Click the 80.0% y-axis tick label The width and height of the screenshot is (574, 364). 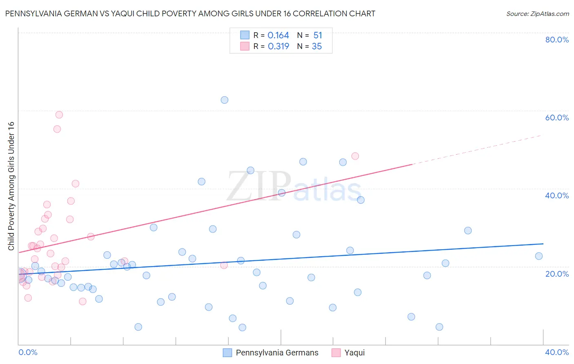557,40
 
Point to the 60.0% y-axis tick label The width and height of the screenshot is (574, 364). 557,118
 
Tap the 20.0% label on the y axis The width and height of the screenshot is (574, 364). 557,273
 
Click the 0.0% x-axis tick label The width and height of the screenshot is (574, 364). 28,352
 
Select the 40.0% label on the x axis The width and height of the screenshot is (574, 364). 557,352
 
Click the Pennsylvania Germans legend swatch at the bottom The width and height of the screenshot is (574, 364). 227,353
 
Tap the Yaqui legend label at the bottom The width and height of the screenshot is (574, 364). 354,353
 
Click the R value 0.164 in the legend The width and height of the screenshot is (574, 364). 278,36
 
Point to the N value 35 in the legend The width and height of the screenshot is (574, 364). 317,47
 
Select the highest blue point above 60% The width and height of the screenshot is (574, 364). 224,100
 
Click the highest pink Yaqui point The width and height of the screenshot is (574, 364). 59,115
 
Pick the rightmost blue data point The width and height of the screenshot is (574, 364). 539,256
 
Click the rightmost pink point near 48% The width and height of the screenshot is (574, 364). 355,156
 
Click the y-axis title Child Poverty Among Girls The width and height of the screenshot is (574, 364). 11,186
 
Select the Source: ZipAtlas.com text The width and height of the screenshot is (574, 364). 537,14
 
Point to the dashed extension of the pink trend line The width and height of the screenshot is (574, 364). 478,150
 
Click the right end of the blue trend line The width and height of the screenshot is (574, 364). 543,244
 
